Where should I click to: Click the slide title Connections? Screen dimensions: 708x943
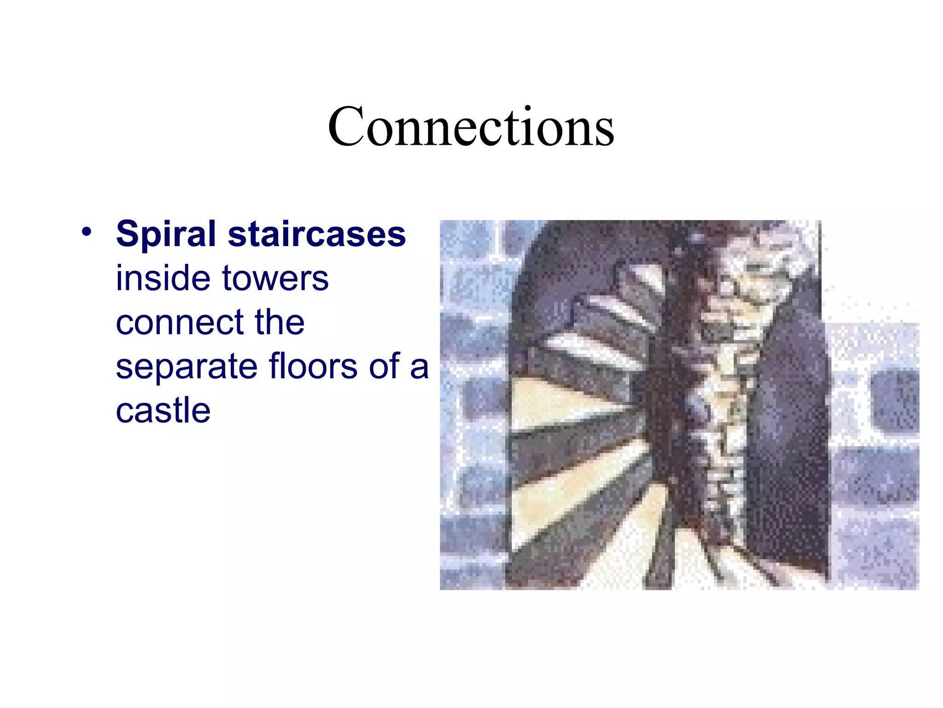[x=471, y=126]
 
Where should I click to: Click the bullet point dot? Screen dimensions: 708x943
[x=87, y=231]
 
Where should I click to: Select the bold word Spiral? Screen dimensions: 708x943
[x=166, y=234]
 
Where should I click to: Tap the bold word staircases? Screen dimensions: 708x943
[x=317, y=234]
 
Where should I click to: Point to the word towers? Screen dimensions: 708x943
[x=275, y=279]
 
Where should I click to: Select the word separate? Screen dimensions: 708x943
[x=186, y=367]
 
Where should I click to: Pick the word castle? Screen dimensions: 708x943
[x=163, y=410]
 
